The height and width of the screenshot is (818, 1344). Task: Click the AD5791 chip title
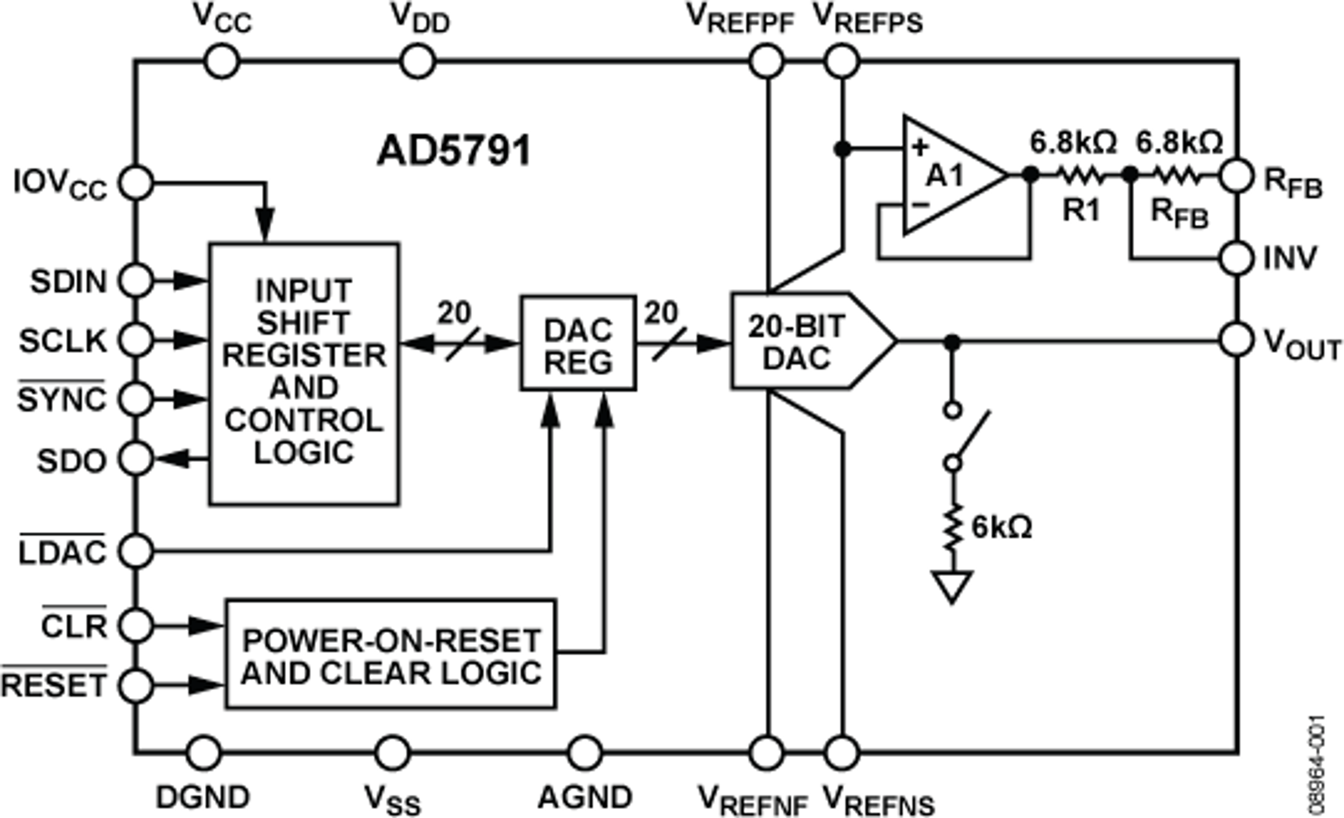tap(454, 151)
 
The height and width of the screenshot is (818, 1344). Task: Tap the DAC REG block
tap(578, 344)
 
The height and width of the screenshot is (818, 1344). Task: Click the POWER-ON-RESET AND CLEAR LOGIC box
tap(391, 654)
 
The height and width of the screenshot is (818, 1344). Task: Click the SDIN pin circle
tap(136, 281)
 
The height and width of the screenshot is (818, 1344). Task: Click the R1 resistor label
tap(1081, 210)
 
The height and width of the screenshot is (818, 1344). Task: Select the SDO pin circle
tap(136, 459)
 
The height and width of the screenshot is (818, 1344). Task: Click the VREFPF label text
tap(740, 20)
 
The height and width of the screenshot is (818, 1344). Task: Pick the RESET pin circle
tap(136, 685)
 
